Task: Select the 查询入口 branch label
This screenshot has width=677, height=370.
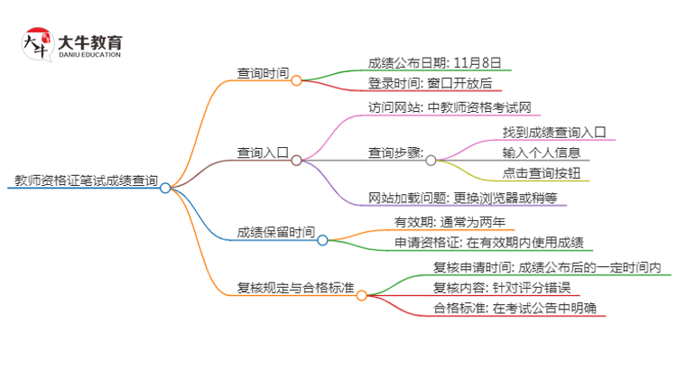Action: [x=263, y=153]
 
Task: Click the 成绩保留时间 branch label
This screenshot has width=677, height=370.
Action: [x=275, y=232]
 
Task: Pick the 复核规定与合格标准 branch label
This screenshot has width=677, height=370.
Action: [x=294, y=289]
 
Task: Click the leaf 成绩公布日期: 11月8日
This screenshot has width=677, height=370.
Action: [x=434, y=63]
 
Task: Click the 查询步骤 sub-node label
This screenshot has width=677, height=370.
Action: [x=395, y=153]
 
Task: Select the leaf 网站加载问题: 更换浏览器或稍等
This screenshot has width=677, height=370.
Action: [x=462, y=199]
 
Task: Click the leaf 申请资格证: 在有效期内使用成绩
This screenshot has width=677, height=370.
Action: [x=488, y=243]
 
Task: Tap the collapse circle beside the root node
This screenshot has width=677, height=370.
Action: [x=165, y=188]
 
